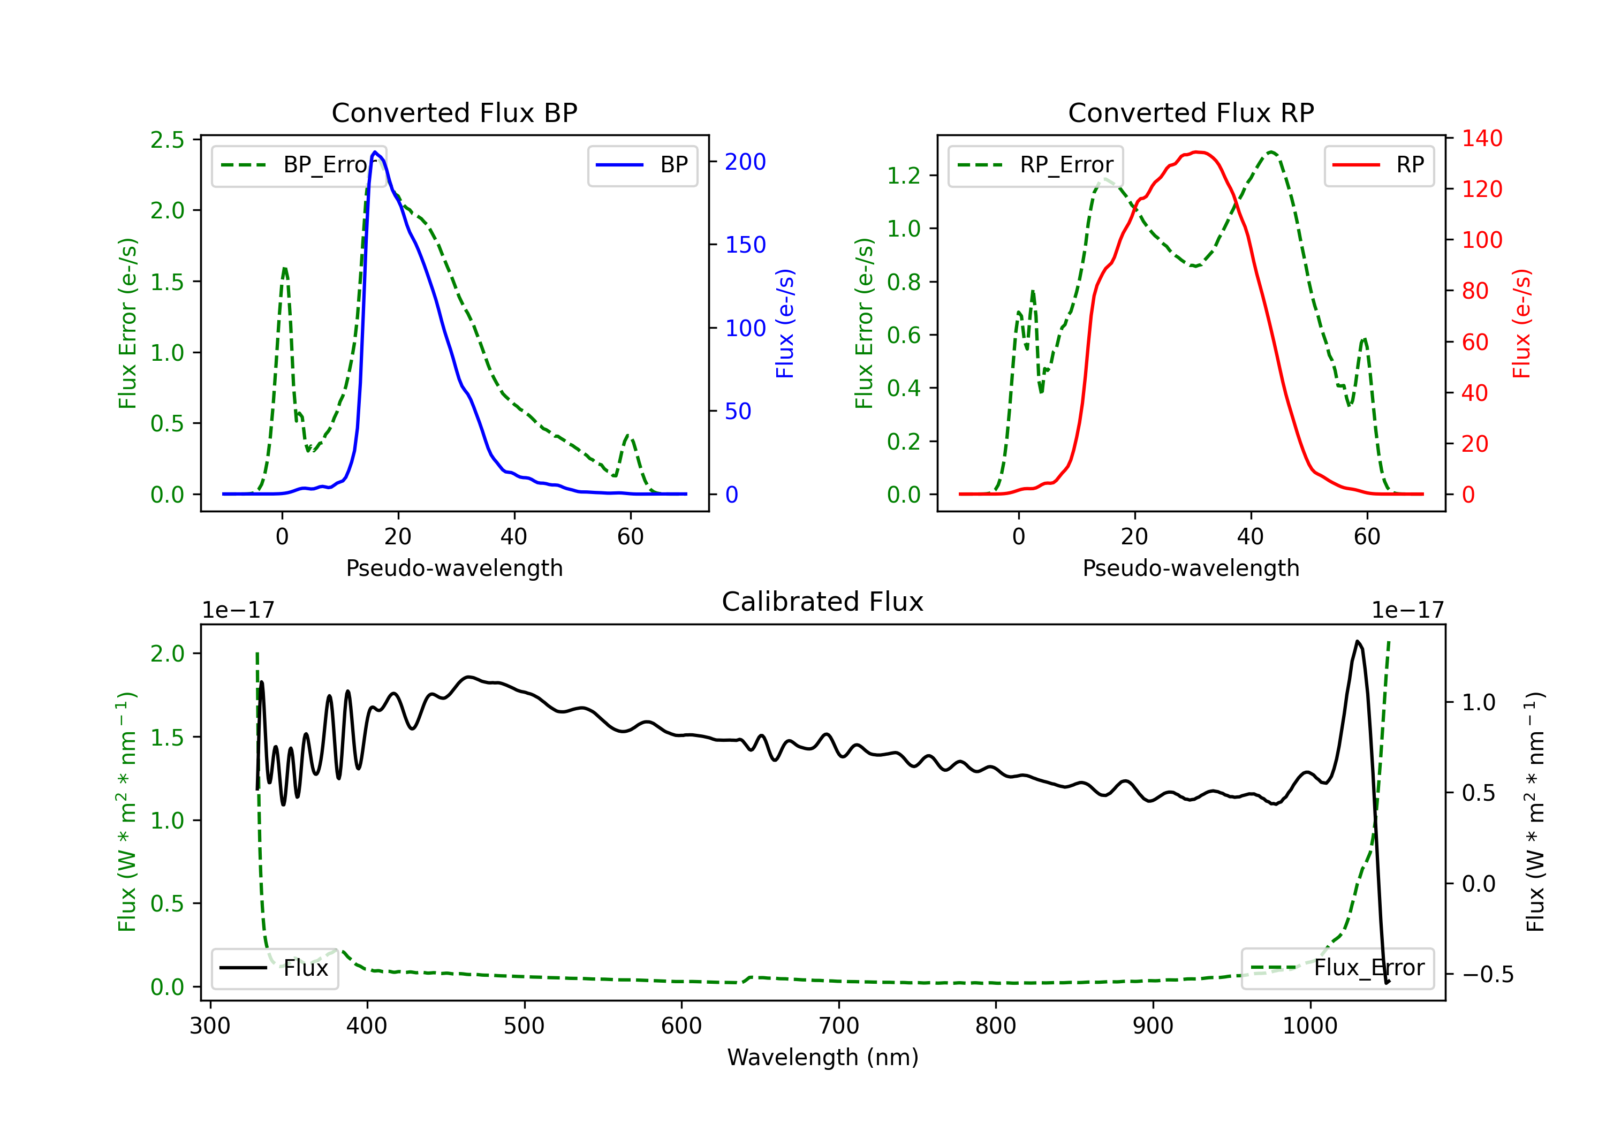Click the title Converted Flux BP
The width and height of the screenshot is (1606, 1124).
pyautogui.click(x=454, y=112)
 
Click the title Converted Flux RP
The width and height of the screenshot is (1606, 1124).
pyautogui.click(x=1191, y=112)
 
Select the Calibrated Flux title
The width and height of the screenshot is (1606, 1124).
pyautogui.click(x=823, y=602)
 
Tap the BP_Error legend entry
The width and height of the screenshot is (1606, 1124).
pyautogui.click(x=299, y=165)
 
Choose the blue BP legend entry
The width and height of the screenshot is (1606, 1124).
pyautogui.click(x=642, y=165)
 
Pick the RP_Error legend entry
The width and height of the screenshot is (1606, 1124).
pyautogui.click(x=1035, y=165)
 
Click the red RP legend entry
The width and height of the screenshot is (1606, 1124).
pyautogui.click(x=1378, y=165)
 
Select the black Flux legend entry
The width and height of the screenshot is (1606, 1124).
pyautogui.click(x=274, y=968)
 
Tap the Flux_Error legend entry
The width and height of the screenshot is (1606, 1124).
pyautogui.click(x=1337, y=968)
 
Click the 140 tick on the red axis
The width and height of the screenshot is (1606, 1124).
pyautogui.click(x=1481, y=139)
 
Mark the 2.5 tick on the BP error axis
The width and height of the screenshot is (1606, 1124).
pyautogui.click(x=167, y=140)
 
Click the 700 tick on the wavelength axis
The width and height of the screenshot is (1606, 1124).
pyautogui.click(x=839, y=1026)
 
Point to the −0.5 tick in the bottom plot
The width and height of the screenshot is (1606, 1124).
pyautogui.click(x=1487, y=974)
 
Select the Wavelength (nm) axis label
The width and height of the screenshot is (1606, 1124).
pyautogui.click(x=823, y=1057)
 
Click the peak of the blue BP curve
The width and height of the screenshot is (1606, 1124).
pyautogui.click(x=376, y=152)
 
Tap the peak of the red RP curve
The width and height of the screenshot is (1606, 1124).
pyautogui.click(x=1198, y=152)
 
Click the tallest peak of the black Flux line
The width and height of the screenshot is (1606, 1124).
pyautogui.click(x=1358, y=641)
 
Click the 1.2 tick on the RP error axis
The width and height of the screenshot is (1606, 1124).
pyautogui.click(x=904, y=176)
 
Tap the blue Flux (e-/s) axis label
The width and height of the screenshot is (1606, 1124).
pyautogui.click(x=785, y=324)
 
